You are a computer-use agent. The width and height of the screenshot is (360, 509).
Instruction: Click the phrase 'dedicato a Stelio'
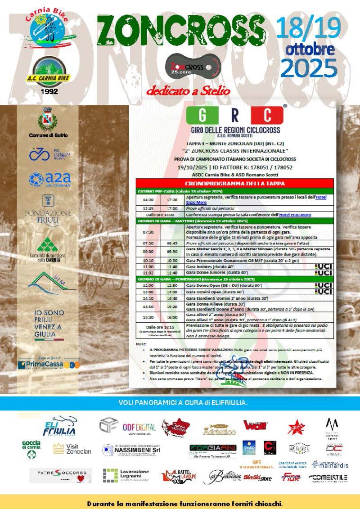(188, 91)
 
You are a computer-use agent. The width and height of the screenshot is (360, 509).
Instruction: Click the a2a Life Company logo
(49, 180)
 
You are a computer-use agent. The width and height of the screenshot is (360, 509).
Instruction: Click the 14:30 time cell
(148, 200)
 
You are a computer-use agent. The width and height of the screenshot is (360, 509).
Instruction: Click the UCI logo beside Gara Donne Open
(324, 285)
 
